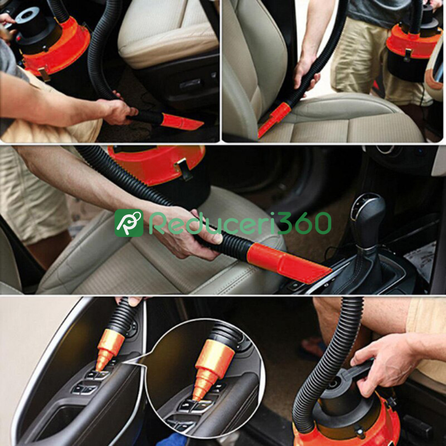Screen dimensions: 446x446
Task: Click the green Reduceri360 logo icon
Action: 129,223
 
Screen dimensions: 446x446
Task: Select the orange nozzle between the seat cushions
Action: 273,119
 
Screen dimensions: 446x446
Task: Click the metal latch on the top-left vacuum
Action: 44,74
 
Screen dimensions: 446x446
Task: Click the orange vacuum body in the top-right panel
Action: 413,41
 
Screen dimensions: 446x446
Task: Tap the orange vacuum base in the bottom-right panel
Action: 353,427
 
